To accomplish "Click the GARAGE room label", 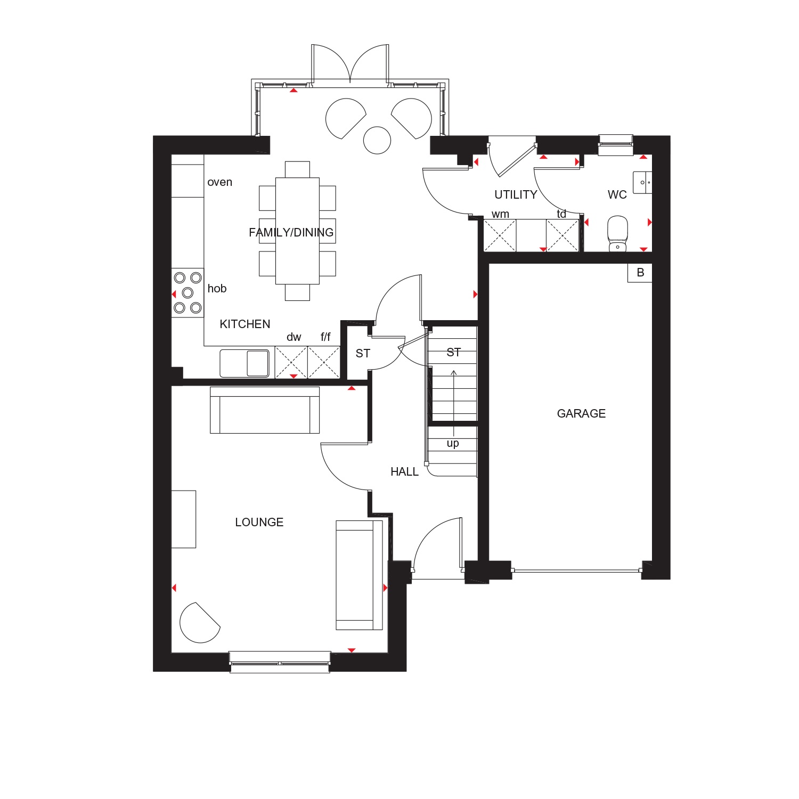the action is pos(581,413).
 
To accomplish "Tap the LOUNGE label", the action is pos(259,522).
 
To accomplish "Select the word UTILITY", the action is pos(516,194).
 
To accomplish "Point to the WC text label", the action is pos(617,194).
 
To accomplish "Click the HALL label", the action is pos(404,471).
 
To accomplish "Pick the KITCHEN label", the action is pos(245,324).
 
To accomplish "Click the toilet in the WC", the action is pos(617,233).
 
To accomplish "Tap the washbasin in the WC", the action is pos(642,182).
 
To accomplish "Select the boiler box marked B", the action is pos(640,273).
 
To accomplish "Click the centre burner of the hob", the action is pos(187,293).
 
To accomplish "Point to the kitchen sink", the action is pos(244,363).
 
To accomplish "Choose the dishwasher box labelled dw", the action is pos(291,363).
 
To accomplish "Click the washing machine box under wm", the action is pos(500,235).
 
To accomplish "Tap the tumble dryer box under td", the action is pos(562,235).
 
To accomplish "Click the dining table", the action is pos(297,231).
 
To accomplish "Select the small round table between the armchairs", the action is pos(377,140).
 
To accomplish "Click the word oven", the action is pos(219,182).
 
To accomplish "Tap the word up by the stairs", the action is pos(453,443).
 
